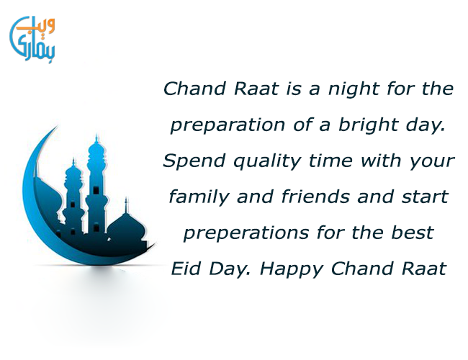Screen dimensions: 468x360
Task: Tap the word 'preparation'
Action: (x=228, y=125)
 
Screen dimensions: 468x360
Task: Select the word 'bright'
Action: (x=369, y=125)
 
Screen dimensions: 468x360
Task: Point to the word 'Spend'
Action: (x=194, y=161)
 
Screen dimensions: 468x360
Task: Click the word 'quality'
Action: (x=267, y=161)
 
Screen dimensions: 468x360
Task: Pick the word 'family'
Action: (x=199, y=197)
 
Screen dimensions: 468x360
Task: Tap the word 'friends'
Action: (x=315, y=197)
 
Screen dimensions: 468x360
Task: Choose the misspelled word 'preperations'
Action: (x=246, y=233)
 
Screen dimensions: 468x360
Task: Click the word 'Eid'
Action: (x=185, y=269)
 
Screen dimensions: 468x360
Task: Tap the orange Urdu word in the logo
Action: (x=36, y=25)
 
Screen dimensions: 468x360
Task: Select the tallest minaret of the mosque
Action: (x=96, y=185)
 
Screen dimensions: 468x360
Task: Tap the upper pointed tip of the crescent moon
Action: (x=58, y=127)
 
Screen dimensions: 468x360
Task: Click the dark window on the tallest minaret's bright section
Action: (x=96, y=190)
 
